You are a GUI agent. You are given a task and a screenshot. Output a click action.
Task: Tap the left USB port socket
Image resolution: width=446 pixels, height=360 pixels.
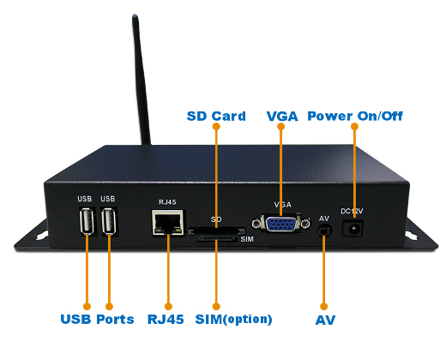85,223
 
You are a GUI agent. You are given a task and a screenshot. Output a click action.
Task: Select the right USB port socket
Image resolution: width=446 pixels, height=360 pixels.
108,223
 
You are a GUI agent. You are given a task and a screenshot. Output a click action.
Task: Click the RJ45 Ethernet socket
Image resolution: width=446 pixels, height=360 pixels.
164,223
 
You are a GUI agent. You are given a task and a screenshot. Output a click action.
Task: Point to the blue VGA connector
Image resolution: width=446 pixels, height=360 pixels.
281,224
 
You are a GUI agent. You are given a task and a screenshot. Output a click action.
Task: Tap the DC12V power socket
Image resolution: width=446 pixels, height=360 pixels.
353,229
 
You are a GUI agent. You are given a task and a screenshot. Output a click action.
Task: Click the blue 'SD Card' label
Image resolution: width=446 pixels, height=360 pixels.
216,116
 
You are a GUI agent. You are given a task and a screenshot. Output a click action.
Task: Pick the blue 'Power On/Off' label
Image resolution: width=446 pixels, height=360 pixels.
354,116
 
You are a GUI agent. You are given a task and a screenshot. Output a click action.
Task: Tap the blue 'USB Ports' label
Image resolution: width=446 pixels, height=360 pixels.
97,319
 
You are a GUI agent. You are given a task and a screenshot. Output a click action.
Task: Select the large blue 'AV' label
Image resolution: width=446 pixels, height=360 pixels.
324,320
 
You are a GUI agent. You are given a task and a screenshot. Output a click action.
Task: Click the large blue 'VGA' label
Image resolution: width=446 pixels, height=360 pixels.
281,116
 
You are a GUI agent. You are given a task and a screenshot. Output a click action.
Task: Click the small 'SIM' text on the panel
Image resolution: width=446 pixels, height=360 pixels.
246,239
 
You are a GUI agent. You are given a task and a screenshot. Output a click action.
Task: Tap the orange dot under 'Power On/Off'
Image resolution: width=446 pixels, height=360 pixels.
354,129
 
